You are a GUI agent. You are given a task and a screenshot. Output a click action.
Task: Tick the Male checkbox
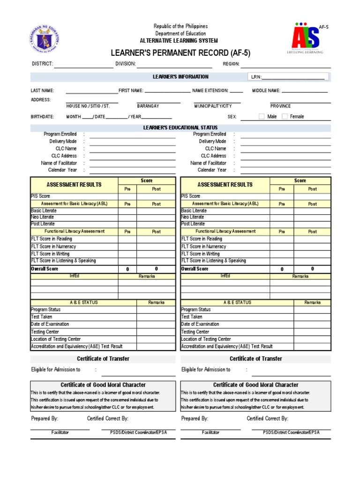click(262, 117)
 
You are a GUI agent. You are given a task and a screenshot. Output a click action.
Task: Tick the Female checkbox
click(285, 117)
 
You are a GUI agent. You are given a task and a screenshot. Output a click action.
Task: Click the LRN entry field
click(292, 77)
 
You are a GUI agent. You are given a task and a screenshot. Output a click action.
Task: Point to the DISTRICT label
click(42, 64)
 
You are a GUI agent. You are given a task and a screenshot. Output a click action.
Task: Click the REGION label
click(231, 64)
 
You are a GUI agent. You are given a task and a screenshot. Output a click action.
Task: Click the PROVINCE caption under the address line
click(280, 106)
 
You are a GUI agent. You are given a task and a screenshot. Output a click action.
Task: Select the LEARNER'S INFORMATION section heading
click(180, 77)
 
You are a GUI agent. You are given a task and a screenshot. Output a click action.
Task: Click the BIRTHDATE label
click(42, 117)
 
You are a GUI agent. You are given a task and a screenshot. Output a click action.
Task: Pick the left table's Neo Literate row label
click(43, 217)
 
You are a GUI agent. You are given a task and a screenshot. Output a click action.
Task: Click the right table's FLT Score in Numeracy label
click(203, 247)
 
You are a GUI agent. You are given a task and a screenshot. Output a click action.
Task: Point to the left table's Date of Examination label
click(50, 324)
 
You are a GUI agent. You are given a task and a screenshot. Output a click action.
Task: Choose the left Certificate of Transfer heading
click(103, 359)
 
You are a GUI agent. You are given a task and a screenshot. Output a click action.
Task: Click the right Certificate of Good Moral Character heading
click(255, 385)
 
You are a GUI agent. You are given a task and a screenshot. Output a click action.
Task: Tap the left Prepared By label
click(45, 419)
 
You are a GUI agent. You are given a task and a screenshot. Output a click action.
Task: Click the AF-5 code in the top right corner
click(323, 27)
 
